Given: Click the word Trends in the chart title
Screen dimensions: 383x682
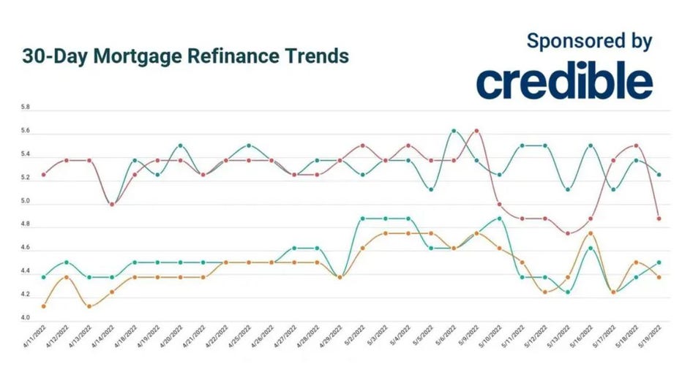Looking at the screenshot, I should click(312, 56).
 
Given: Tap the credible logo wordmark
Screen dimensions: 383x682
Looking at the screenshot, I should click(564, 82).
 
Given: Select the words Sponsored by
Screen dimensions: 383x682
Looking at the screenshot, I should click(589, 41).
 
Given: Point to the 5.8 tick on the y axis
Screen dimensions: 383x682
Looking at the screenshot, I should click(26, 107).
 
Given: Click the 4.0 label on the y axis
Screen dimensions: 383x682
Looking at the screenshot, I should click(26, 318).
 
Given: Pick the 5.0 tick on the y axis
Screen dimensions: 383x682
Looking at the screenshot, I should click(26, 201).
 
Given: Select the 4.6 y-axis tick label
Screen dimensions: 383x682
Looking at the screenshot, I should click(26, 248).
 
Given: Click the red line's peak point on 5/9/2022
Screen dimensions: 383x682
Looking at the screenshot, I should click(476, 131).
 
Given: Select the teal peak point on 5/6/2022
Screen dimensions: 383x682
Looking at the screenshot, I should click(454, 131).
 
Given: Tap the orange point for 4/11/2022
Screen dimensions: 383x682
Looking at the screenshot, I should click(44, 306).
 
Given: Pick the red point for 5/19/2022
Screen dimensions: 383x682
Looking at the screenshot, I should click(659, 218).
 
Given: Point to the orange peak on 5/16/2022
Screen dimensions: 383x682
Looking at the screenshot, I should click(591, 233).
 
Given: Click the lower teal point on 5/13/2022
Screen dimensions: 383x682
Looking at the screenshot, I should click(568, 292).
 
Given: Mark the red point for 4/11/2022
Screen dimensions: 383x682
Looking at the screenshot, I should click(44, 175).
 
